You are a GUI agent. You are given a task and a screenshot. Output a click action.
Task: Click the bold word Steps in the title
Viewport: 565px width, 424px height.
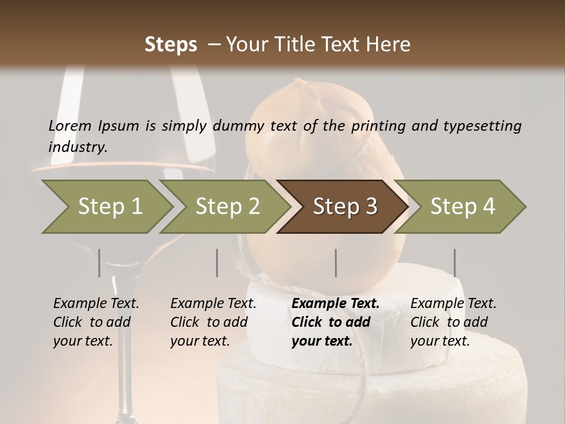click(x=171, y=45)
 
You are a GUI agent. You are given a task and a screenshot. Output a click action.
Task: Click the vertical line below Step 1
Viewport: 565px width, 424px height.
click(x=99, y=263)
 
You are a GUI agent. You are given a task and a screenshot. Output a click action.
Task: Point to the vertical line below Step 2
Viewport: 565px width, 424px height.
click(x=217, y=263)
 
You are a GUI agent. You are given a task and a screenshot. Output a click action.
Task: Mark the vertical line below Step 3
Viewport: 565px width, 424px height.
click(x=335, y=263)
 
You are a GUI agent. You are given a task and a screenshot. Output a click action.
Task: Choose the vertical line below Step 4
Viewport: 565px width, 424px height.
click(x=454, y=263)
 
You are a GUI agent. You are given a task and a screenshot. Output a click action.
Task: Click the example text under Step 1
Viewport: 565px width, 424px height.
click(x=96, y=322)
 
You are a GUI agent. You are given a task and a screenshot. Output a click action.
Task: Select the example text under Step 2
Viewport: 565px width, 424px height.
click(x=213, y=322)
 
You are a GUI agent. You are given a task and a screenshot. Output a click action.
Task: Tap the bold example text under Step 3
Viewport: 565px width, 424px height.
click(x=335, y=322)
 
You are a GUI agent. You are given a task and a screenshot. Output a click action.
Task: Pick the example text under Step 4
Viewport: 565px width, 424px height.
click(x=453, y=322)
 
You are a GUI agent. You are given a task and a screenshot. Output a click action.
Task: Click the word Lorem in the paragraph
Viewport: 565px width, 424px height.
click(x=70, y=125)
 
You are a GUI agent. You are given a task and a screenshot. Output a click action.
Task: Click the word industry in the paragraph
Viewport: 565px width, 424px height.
click(x=77, y=147)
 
